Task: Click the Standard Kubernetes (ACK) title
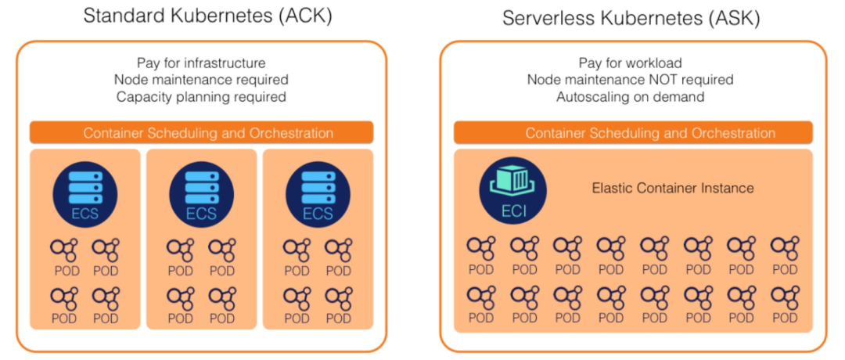click(x=207, y=16)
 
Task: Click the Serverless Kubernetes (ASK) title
click(x=631, y=18)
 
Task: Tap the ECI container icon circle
click(x=513, y=190)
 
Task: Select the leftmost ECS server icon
click(x=85, y=193)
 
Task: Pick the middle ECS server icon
click(x=202, y=193)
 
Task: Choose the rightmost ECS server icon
click(x=318, y=193)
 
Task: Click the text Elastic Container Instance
click(x=673, y=188)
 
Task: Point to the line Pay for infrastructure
click(x=201, y=63)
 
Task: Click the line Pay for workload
click(x=630, y=63)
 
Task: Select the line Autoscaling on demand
click(x=630, y=97)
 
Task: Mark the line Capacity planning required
click(x=201, y=97)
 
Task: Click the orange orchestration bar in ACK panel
click(x=202, y=132)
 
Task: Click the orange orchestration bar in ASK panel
click(x=633, y=132)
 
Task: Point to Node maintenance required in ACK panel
click(x=201, y=80)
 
